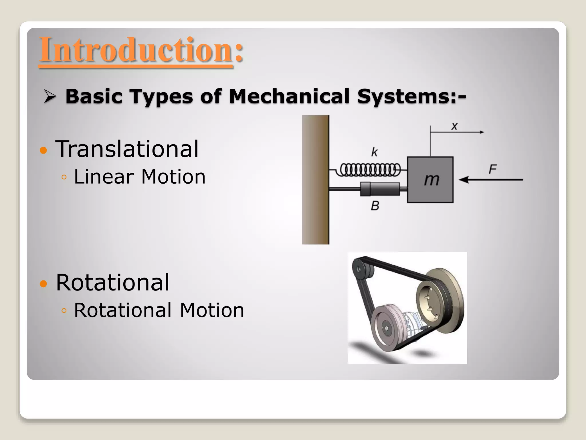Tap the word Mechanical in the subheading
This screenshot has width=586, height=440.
tap(289, 96)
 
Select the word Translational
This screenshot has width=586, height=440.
tap(127, 149)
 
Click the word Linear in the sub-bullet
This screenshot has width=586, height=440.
tap(104, 177)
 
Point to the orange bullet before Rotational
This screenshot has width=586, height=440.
tap(43, 284)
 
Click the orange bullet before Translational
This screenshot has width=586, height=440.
tap(43, 150)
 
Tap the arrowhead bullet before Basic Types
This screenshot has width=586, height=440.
tap(50, 97)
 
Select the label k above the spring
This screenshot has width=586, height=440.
tap(374, 152)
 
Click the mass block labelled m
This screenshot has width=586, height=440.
tap(430, 180)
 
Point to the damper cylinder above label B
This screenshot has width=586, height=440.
tap(380, 189)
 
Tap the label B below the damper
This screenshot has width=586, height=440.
tap(375, 206)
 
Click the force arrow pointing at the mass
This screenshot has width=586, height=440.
tap(491, 180)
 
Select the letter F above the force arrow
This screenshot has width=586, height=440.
tap(492, 169)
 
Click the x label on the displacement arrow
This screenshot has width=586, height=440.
tap(454, 126)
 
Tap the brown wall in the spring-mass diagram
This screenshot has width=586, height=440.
tap(316, 180)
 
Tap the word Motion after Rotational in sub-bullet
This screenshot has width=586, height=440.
tap(212, 311)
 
